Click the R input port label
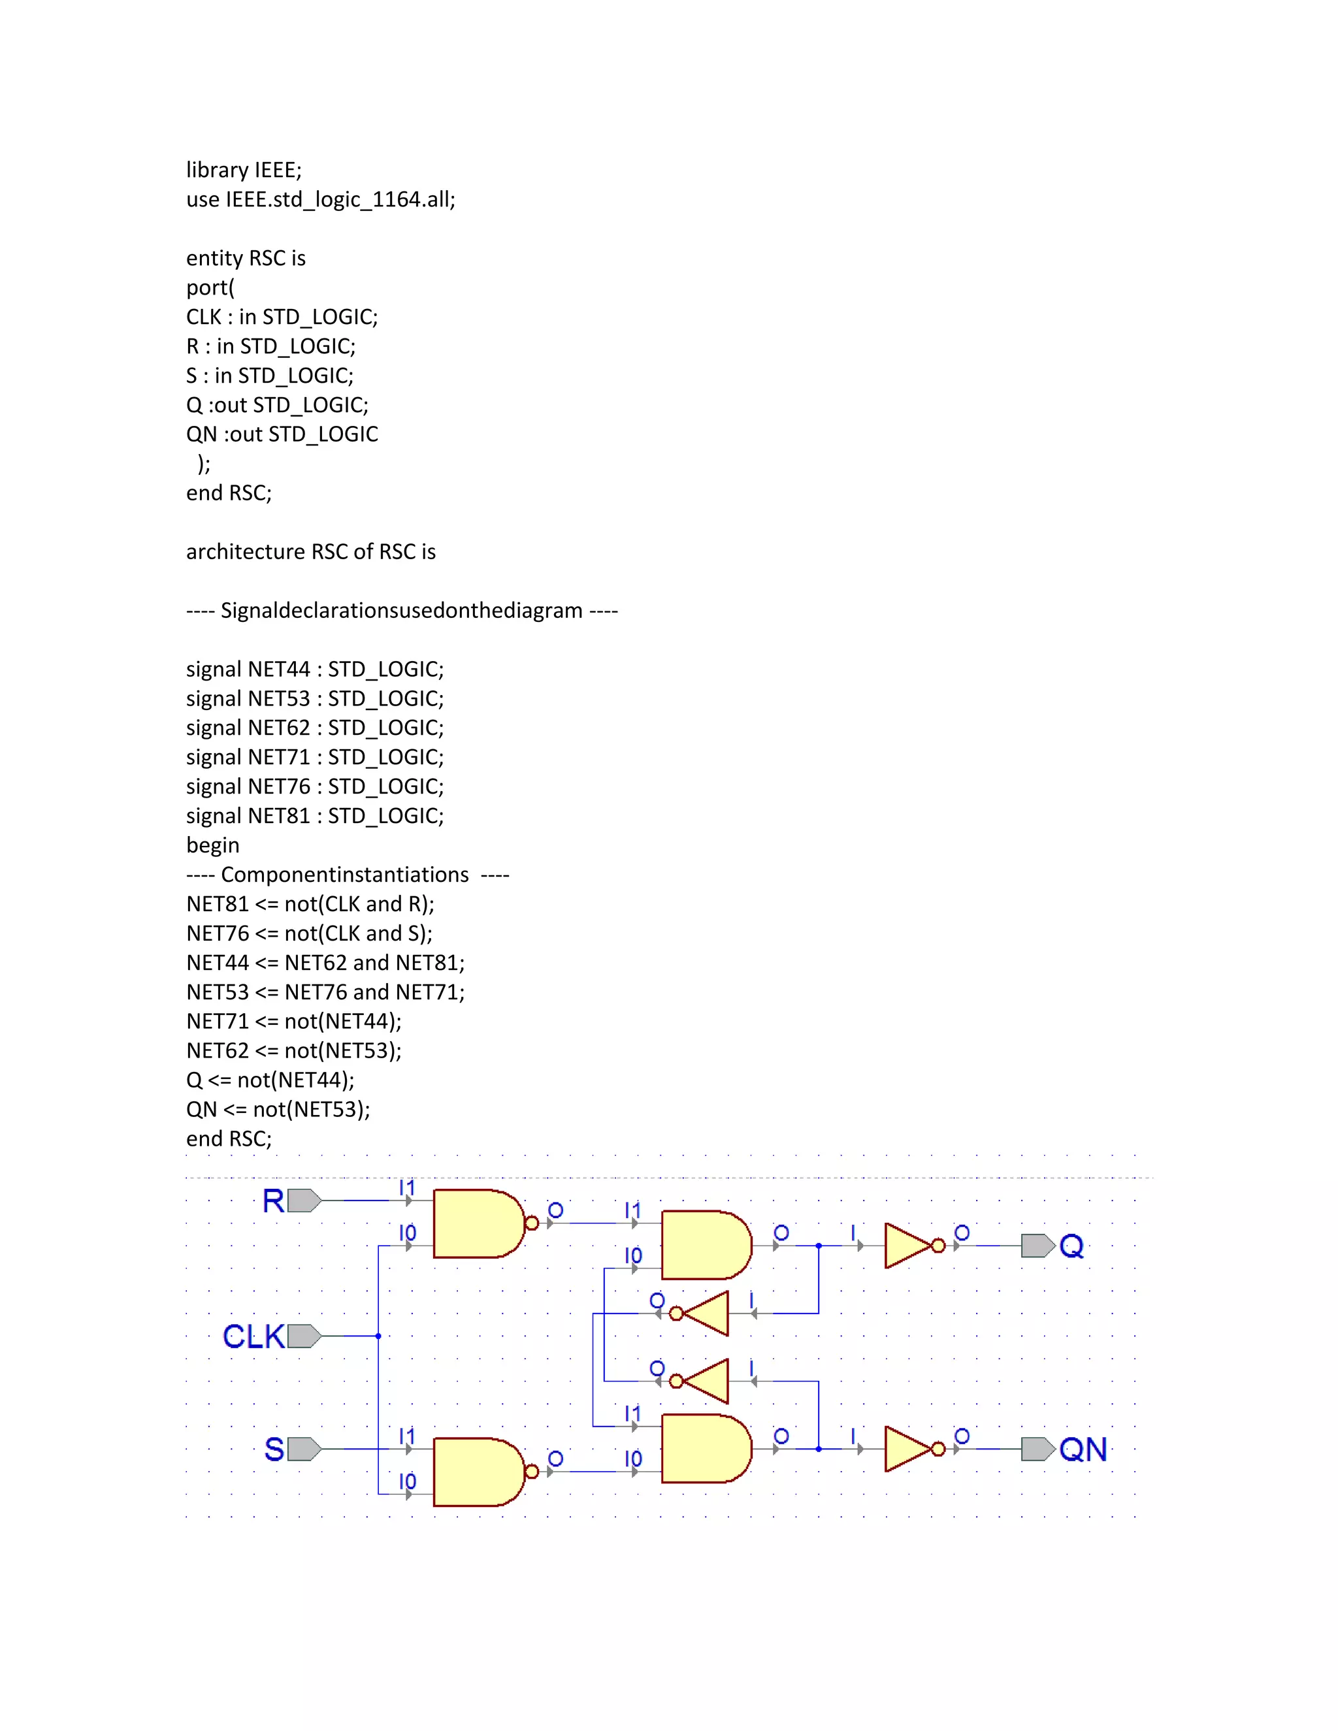274,1201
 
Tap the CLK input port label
253,1336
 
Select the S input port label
274,1449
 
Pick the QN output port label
1083,1449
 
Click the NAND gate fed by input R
478,1223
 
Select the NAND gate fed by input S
478,1472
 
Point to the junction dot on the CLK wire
378,1336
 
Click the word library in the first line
217,170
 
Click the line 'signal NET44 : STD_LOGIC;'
315,670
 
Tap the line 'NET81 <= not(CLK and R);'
310,904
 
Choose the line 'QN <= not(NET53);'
278,1110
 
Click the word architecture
245,552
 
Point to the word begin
212,846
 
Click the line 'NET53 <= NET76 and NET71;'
325,992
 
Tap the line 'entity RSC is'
246,259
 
